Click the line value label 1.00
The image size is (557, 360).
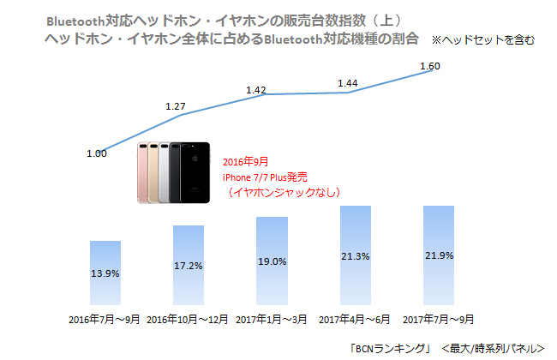point(97,153)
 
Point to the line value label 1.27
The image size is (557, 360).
point(175,106)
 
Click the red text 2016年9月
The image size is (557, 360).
point(244,161)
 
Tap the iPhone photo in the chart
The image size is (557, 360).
point(176,172)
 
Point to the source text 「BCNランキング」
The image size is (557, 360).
point(390,348)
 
